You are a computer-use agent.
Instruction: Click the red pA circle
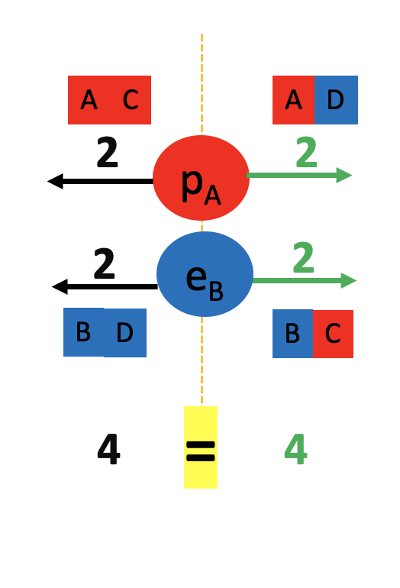coord(201,178)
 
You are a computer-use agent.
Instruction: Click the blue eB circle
coord(205,274)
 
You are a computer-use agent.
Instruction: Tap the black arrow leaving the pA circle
coord(100,181)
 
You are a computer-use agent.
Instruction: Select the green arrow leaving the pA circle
coord(298,175)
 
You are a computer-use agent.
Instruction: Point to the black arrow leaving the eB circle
coord(105,286)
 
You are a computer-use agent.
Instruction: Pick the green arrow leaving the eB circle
coord(305,280)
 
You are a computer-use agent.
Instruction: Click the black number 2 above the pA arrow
coord(107,152)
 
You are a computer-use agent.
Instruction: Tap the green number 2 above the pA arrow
coord(306,152)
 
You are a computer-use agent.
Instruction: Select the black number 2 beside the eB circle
coord(105,263)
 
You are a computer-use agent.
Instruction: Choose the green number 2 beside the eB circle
coord(303,257)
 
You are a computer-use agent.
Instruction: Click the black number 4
coord(108,449)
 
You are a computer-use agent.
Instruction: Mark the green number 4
coord(295,449)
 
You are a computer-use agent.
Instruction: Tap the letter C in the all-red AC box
coord(131,100)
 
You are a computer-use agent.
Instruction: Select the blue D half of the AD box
coord(336,100)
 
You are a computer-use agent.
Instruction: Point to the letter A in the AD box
coord(294,100)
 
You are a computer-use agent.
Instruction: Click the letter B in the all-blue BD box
coord(83,332)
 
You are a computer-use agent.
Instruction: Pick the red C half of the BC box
coord(333,334)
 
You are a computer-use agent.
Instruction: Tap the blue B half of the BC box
coord(293,334)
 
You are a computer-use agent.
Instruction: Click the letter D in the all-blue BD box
coord(125,333)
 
